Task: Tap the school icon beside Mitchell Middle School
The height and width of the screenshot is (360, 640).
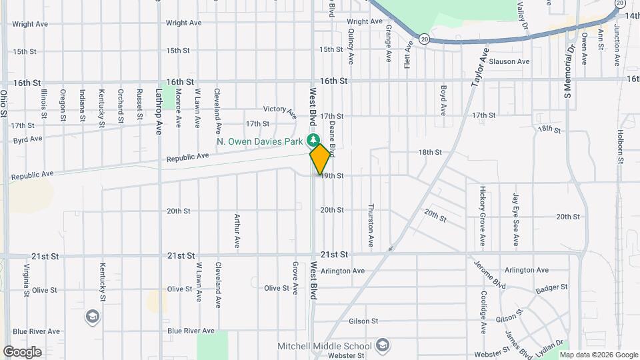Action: [x=382, y=345]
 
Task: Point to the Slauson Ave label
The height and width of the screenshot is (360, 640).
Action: [x=509, y=61]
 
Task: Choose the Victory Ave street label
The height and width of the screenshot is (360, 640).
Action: [x=280, y=110]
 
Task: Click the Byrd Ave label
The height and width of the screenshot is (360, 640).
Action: [x=27, y=139]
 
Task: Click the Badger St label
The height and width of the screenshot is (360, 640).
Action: [x=551, y=288]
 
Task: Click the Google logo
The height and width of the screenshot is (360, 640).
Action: [x=22, y=352]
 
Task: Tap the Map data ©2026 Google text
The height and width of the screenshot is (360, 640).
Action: [x=602, y=354]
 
